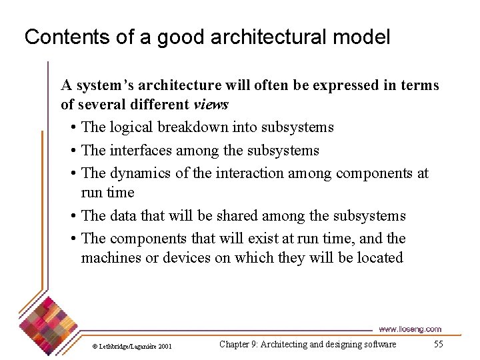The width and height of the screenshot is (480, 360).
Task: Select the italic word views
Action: pos(211,104)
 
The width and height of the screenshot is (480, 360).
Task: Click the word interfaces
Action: pos(140,150)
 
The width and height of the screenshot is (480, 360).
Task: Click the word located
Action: pos(379,257)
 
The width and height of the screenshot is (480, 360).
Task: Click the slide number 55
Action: pos(438,344)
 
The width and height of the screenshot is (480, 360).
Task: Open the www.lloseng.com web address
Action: pos(409,329)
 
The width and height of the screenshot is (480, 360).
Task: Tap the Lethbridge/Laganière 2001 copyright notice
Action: pos(131,346)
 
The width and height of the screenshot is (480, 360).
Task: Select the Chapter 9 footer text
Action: pos(307,344)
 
